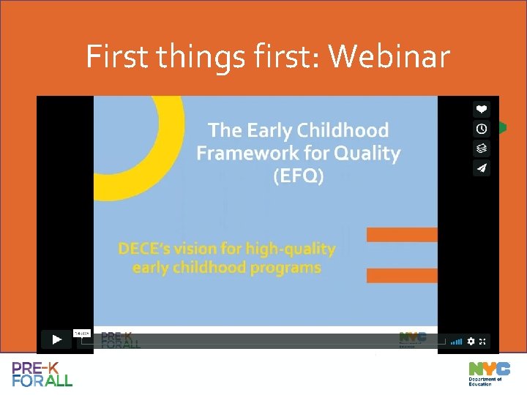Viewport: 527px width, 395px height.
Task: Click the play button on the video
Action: pos(56,340)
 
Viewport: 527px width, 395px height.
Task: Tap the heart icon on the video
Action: pos(481,109)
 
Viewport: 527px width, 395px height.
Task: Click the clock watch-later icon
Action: pos(481,129)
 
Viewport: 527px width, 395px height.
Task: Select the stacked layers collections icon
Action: pos(481,148)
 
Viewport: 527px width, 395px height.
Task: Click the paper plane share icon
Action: pos(481,168)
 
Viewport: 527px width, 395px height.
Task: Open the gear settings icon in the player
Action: pos(471,341)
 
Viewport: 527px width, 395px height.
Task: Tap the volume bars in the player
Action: pos(456,341)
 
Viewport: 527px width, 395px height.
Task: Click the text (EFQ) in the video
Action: pos(298,176)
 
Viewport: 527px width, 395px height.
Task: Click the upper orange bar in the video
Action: pos(402,235)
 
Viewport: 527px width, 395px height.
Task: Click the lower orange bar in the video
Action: pos(402,276)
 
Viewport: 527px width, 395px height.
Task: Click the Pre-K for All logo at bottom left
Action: pos(42,373)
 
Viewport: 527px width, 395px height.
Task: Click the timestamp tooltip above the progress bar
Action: pos(82,334)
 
